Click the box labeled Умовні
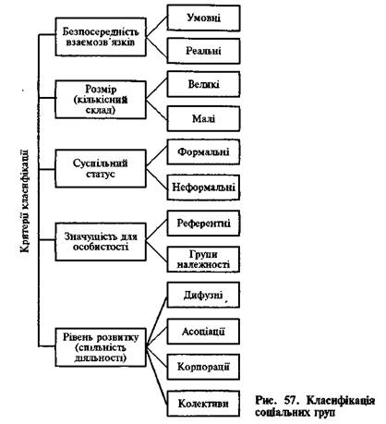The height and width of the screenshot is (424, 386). tap(203, 18)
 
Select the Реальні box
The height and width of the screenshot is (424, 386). tap(203, 51)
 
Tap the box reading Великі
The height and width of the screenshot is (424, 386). tap(203, 84)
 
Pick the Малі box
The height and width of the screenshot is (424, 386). tap(203, 118)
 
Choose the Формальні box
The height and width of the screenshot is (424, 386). tap(203, 151)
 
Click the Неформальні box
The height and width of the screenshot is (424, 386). tap(203, 188)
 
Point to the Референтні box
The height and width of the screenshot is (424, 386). tap(203, 224)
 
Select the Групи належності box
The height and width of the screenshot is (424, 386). tap(203, 260)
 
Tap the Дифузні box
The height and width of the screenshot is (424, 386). tap(203, 295)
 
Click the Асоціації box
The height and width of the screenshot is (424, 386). tap(203, 332)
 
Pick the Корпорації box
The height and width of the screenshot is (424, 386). tap(203, 367)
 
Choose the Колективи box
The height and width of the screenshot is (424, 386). tap(203, 404)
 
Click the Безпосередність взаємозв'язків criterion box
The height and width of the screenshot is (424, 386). tap(101, 37)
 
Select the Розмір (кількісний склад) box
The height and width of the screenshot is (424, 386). tap(101, 100)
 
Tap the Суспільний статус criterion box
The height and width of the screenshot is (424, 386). tap(101, 168)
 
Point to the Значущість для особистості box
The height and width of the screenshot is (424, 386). tap(101, 242)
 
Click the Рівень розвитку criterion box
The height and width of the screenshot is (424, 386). tap(101, 347)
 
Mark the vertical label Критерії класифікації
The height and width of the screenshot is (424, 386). tap(25, 200)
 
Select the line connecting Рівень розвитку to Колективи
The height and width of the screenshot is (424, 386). tap(157, 375)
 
